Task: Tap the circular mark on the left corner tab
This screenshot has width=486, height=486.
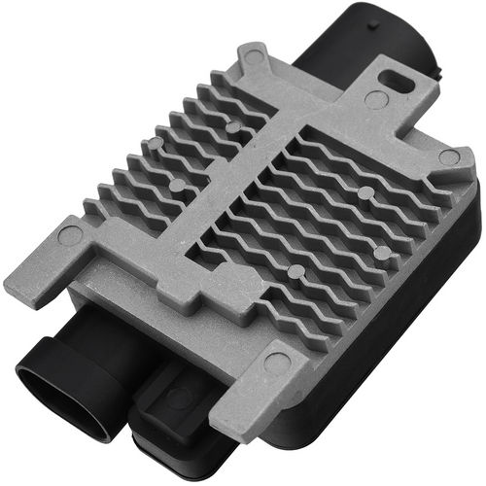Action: [x=70, y=234]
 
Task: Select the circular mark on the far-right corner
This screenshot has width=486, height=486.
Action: [x=448, y=156]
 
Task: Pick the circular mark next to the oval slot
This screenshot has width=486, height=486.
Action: [x=374, y=99]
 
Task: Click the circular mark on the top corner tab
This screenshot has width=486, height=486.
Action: [x=254, y=57]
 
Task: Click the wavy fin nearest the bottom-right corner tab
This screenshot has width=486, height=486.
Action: [x=321, y=292]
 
